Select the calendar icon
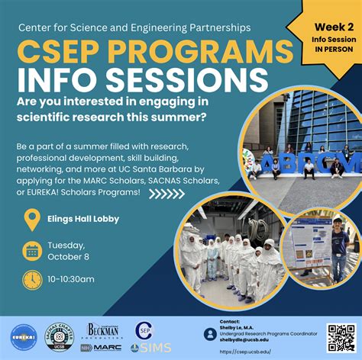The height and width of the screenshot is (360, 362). click(32, 250)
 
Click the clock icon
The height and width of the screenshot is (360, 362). click(32, 280)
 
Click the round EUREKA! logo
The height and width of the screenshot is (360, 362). click(24, 336)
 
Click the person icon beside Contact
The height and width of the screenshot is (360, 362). click(210, 334)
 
